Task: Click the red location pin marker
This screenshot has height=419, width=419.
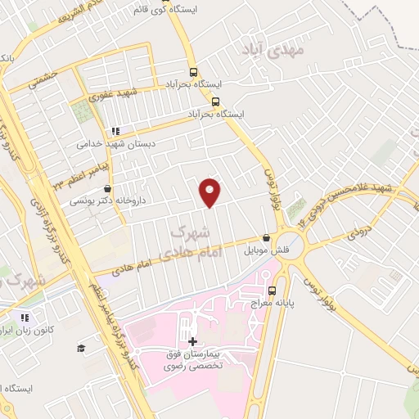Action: pyautogui.click(x=211, y=191)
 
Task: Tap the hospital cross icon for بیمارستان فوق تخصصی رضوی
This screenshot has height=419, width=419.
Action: pyautogui.click(x=192, y=340)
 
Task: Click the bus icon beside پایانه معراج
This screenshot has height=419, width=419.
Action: pyautogui.click(x=273, y=290)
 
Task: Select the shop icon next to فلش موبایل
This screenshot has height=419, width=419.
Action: pyautogui.click(x=266, y=238)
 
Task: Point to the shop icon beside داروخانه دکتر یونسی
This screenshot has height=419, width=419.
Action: pyautogui.click(x=108, y=189)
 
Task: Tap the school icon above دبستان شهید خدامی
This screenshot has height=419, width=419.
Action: pyautogui.click(x=115, y=131)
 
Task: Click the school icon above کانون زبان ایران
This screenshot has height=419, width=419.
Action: pyautogui.click(x=25, y=318)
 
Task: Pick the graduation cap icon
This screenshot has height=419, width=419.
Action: pyautogui.click(x=81, y=349)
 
